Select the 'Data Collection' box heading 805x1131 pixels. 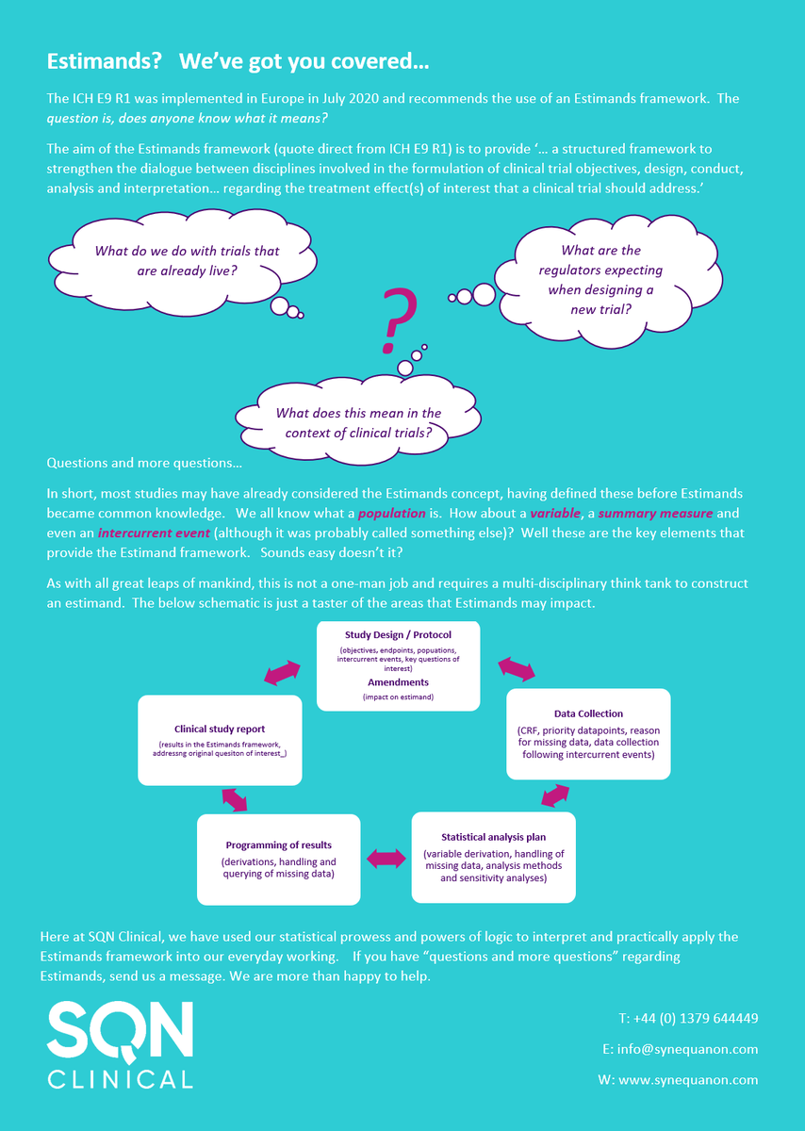[588, 713]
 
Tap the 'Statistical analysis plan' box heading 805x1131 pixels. [493, 837]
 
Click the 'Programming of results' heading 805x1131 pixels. [278, 844]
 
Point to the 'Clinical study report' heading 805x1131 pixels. [220, 729]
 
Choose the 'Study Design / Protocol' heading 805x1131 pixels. [397, 634]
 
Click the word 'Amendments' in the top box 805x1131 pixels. [397, 681]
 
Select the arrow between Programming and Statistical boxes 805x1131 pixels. [386, 859]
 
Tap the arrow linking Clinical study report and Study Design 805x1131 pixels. [282, 672]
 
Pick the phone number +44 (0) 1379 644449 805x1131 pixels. [688, 1019]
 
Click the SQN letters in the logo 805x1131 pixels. [121, 1031]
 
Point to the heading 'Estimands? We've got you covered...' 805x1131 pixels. [238, 63]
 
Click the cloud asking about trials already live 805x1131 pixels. [187, 261]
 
